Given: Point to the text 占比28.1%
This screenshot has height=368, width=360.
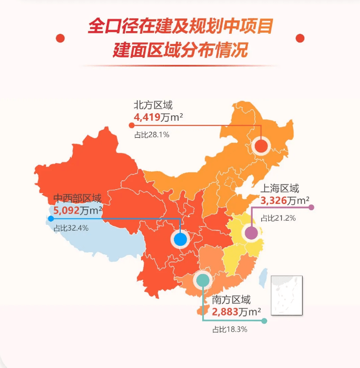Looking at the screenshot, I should tap(152, 135).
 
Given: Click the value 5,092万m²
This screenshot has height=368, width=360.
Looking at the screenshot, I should tap(78, 210).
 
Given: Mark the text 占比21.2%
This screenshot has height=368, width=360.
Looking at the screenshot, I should tap(278, 218).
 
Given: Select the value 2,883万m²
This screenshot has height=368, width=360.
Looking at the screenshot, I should tap(237, 312).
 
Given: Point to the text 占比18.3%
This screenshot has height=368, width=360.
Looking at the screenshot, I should tap(230, 329).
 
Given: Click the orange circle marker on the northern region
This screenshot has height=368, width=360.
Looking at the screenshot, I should tap(261, 145).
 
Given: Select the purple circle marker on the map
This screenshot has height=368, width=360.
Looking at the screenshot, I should tap(251, 233).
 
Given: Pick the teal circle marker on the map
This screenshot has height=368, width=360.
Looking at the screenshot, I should tap(202, 279).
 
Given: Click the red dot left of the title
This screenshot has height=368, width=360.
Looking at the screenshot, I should tap(60, 38).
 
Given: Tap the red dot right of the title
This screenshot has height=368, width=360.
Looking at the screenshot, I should tap(300, 38).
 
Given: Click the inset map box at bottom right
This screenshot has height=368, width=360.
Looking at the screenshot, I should tap(286, 295).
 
